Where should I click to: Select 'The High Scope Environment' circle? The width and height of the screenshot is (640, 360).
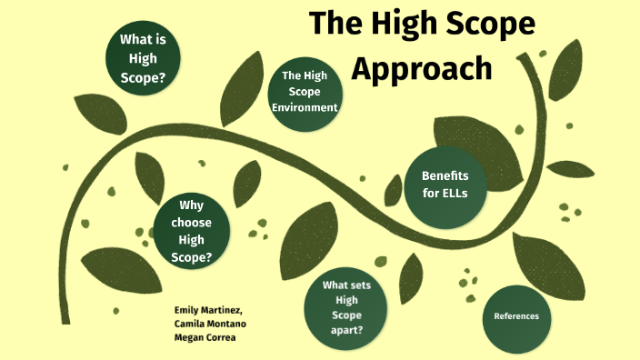click(305, 92)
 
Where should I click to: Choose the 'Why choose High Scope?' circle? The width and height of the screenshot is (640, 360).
click(191, 231)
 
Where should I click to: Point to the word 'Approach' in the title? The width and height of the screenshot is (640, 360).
click(422, 67)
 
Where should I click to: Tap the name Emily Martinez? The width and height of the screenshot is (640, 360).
click(208, 310)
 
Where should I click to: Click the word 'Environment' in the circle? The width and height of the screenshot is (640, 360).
click(305, 107)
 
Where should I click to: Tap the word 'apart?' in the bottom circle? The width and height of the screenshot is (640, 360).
click(347, 330)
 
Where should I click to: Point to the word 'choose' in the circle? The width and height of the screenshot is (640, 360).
click(191, 222)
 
